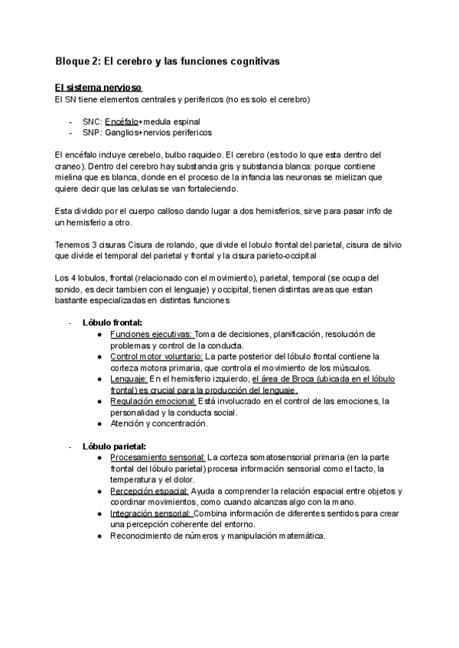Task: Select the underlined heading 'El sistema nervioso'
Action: click(99, 88)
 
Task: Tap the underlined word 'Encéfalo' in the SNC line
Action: click(121, 121)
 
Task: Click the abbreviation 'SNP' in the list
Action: click(93, 132)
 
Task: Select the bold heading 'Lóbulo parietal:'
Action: click(115, 446)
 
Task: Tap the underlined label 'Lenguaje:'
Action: click(129, 378)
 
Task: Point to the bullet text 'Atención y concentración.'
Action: click(158, 423)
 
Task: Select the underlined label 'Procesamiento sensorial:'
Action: click(158, 457)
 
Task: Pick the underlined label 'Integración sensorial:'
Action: click(151, 513)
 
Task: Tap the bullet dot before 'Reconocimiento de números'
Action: click(100, 536)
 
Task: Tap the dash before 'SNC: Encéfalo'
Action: click(71, 121)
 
